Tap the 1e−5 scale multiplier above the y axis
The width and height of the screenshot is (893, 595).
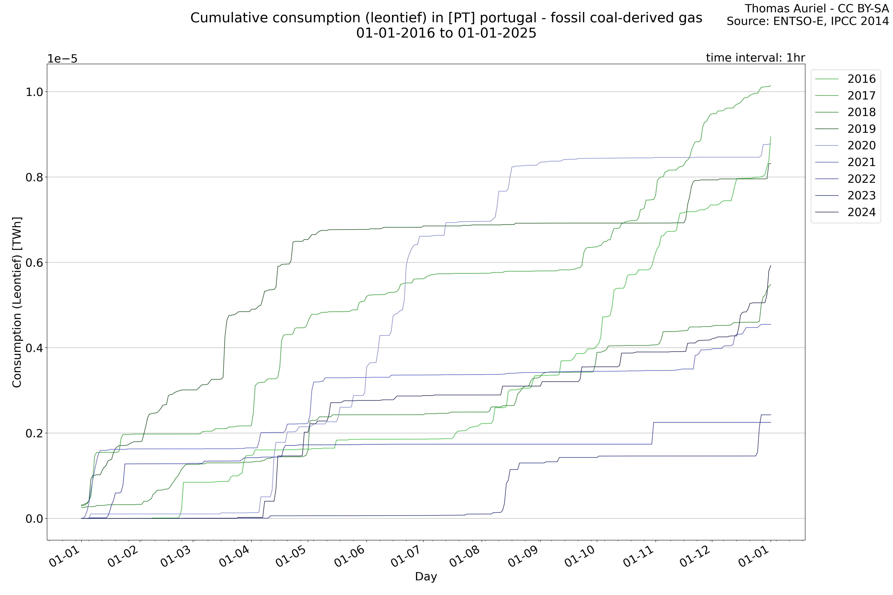tap(62, 59)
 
